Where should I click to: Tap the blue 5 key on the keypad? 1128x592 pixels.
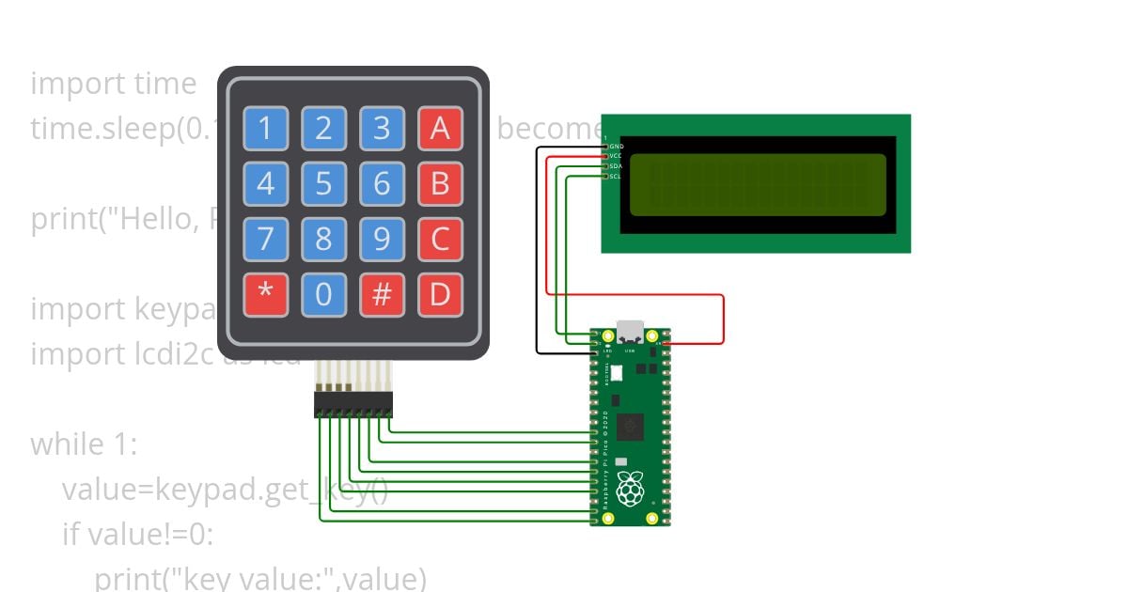point(323,183)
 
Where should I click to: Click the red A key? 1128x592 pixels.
point(439,129)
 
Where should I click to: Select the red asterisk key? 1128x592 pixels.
point(266,294)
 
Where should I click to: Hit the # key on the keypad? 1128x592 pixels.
point(382,294)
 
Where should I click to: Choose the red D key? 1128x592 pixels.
point(439,294)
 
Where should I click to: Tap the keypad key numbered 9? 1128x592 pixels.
point(382,240)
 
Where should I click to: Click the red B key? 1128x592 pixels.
point(439,183)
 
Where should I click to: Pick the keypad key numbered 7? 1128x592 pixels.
point(266,240)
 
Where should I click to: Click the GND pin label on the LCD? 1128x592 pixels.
point(616,147)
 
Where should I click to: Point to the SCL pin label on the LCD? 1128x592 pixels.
point(616,176)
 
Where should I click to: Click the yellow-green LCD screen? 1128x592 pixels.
point(758,182)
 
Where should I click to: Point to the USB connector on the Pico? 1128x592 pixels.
point(629,334)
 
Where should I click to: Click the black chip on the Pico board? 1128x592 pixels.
point(632,428)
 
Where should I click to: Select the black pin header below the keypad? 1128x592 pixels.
point(353,405)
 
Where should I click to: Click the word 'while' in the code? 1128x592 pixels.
point(70,444)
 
